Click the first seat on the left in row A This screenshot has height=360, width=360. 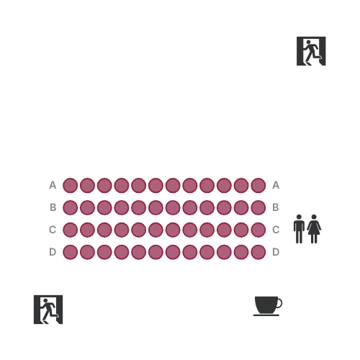tap(70, 185)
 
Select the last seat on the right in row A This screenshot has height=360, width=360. tap(258, 185)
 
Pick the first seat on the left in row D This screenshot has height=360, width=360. tap(70, 252)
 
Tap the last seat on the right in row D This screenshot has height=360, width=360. tap(258, 252)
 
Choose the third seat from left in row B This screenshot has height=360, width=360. tap(104, 207)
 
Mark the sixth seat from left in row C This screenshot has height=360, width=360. tap(156, 230)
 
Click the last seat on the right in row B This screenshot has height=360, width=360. tap(258, 207)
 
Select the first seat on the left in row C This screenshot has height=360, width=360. tap(70, 230)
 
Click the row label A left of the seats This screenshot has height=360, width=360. tap(53, 185)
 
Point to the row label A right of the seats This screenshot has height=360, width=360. tap(276, 185)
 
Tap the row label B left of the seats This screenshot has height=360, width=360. tap(53, 207)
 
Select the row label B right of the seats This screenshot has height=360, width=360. tap(276, 207)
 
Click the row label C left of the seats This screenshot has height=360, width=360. tap(53, 230)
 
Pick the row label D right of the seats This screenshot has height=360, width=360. tap(276, 252)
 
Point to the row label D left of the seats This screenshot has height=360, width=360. tap(53, 252)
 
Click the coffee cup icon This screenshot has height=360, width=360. tap(268, 306)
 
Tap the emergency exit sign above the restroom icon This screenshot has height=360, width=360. tap(311, 51)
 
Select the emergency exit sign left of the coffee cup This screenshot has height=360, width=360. tap(48, 310)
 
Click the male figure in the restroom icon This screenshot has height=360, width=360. tap(299, 229)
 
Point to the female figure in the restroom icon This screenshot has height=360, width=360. tap(314, 229)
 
